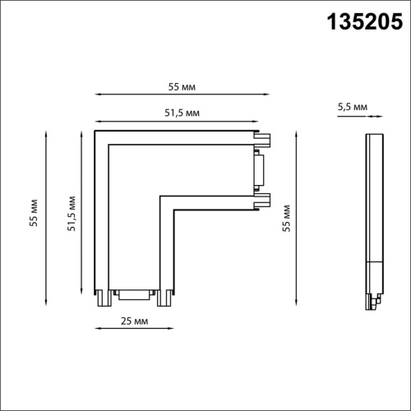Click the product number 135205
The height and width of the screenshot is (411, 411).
[x=365, y=21]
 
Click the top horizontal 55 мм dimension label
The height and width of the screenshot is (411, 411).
[x=182, y=87]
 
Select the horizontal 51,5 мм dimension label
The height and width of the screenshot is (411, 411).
[x=182, y=113]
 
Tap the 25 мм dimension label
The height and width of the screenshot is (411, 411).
[x=134, y=321]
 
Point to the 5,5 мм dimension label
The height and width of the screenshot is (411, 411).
[x=353, y=107]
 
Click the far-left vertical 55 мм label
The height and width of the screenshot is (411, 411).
[x=34, y=213]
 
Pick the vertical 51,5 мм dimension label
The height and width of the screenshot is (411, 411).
[x=72, y=214]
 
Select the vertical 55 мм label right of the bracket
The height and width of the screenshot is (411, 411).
[x=286, y=219]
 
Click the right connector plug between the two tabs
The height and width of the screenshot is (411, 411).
[x=259, y=170]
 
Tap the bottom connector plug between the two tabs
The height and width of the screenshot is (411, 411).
[x=134, y=294]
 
